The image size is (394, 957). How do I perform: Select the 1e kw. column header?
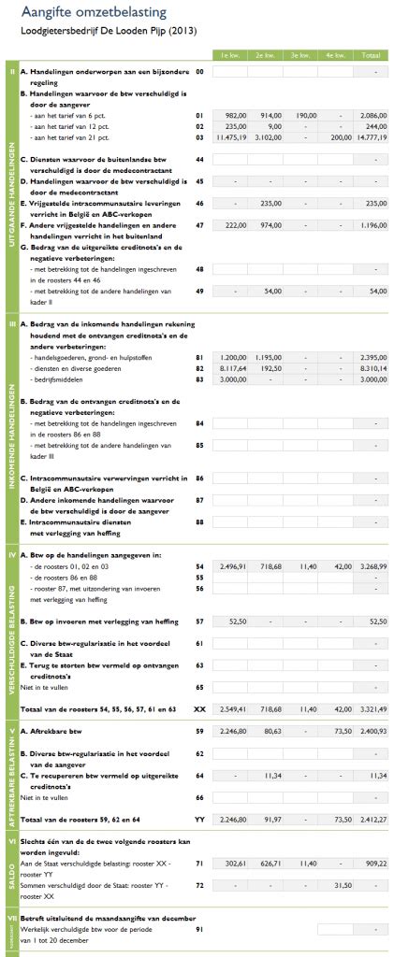[x=227, y=55]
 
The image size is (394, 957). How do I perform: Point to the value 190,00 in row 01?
[x=300, y=114]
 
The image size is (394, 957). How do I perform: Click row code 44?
[x=199, y=160]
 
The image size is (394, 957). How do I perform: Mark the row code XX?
[x=199, y=683]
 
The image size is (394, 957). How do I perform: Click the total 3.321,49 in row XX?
[x=372, y=683]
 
